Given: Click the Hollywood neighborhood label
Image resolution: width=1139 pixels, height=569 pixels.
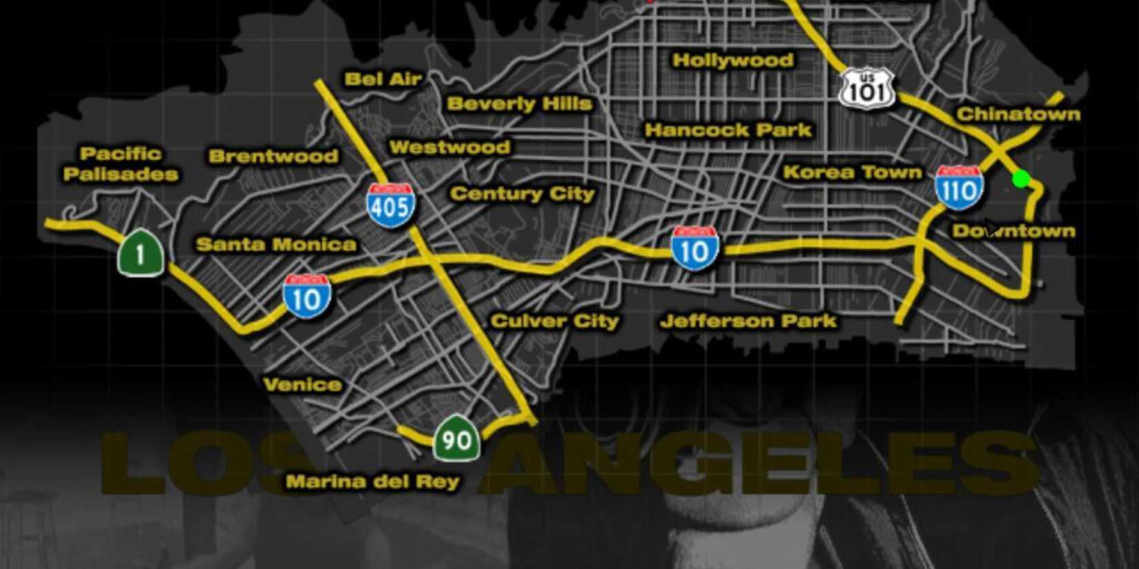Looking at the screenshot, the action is (732, 61).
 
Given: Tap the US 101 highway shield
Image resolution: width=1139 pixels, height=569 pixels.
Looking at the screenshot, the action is (867, 89).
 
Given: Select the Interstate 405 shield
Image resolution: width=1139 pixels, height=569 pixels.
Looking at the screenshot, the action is (391, 205).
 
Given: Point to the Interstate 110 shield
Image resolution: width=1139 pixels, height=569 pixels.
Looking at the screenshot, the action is (959, 188).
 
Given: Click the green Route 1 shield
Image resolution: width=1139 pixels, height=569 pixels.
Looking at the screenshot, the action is (141, 253).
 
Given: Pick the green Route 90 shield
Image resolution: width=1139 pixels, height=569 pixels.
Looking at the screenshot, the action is (456, 439).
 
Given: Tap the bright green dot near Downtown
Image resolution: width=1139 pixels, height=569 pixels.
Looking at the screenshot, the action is (1021, 179).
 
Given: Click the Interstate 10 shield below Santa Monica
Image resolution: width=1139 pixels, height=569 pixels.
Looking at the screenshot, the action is (307, 296).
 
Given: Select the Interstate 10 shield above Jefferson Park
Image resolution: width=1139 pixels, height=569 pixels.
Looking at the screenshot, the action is (694, 248).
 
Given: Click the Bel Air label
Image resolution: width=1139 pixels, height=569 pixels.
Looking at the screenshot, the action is (383, 79).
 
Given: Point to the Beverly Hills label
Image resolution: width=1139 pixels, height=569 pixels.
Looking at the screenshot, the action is (519, 104).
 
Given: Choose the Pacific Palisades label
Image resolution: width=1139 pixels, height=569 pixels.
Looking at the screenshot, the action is (121, 163).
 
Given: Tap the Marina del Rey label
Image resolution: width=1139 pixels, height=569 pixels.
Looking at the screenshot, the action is (373, 481).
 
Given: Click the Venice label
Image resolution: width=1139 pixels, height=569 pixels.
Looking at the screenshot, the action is (302, 384).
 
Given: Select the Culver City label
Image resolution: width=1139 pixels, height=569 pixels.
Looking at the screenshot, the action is (554, 321).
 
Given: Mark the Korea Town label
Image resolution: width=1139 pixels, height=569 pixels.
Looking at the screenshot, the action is (853, 172).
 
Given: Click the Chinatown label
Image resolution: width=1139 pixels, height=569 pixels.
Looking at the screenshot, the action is (1018, 114).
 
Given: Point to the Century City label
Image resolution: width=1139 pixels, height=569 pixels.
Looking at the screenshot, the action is (522, 194).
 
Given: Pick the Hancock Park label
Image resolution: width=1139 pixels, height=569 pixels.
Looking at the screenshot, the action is (728, 130).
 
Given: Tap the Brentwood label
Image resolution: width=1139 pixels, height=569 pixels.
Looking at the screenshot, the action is (273, 156).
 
